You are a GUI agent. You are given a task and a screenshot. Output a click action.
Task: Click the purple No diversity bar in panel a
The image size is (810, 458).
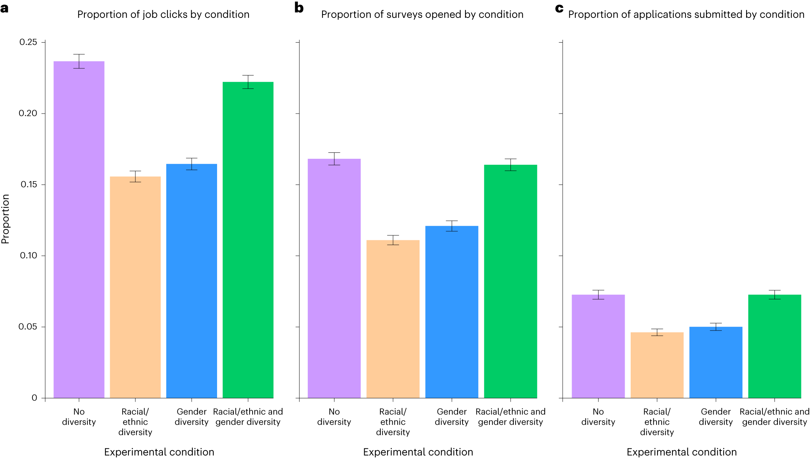point(79,229)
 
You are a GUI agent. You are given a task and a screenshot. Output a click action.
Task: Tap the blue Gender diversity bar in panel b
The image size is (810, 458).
point(451,312)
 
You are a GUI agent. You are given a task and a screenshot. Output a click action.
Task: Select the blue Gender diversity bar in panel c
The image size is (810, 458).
point(715,362)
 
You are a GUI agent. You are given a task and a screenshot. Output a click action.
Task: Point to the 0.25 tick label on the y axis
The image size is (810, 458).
point(28,42)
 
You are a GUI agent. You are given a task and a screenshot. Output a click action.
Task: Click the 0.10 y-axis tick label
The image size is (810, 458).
point(28,256)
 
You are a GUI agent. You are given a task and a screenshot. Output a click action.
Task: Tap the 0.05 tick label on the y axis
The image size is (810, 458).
point(28,327)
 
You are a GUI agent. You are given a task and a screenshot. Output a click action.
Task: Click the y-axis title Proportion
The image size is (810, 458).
point(6,219)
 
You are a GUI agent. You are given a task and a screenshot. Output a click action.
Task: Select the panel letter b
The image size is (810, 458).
point(299,7)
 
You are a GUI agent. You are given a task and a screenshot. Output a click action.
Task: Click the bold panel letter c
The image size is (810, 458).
point(559,8)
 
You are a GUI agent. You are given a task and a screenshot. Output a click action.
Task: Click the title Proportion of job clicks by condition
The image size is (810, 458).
point(163,15)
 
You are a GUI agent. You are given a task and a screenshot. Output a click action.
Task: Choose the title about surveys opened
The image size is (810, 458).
point(422,15)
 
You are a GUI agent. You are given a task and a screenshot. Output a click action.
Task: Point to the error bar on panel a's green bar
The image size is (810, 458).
point(248,82)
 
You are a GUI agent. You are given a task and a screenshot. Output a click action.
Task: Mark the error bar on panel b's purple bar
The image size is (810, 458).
point(334,159)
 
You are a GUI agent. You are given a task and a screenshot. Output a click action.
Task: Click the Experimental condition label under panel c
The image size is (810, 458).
point(681,452)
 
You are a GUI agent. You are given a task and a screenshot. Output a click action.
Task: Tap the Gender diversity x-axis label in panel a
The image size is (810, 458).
point(191,417)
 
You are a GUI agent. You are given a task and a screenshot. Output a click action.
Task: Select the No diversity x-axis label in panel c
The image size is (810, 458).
point(598,417)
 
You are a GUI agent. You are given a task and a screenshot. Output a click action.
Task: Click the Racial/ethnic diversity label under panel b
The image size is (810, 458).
point(393,422)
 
